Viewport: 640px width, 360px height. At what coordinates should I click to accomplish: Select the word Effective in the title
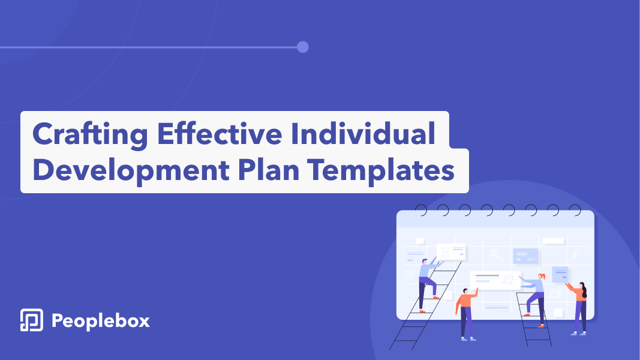click(220, 133)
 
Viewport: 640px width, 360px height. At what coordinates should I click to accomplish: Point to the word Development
click(131, 170)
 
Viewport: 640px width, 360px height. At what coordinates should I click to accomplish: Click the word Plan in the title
click(269, 170)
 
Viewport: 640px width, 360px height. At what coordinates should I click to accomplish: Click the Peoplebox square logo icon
click(31, 320)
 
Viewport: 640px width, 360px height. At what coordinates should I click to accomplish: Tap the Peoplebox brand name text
click(100, 321)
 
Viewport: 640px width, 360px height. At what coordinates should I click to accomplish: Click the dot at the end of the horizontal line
click(302, 47)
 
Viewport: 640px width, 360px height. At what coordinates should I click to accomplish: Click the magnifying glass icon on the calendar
click(497, 256)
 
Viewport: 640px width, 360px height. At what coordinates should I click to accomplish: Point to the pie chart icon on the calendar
click(409, 274)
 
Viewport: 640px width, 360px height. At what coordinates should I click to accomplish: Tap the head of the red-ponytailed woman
click(541, 277)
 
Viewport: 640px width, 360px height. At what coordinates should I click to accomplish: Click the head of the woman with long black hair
click(582, 286)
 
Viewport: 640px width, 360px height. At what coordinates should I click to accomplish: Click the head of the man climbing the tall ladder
click(425, 261)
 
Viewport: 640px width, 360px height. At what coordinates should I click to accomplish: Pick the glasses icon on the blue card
click(531, 259)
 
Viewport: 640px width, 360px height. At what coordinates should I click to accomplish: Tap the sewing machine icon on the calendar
click(555, 292)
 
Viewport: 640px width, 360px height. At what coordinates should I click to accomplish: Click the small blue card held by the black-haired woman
click(560, 274)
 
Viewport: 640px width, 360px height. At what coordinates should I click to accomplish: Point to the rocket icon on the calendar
click(575, 254)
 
